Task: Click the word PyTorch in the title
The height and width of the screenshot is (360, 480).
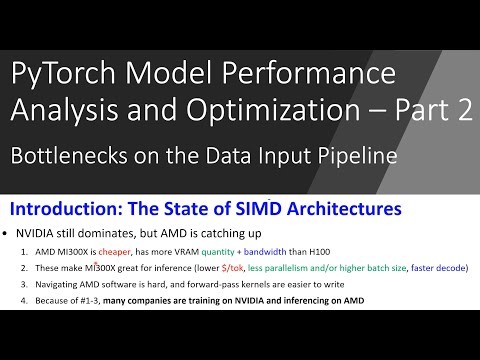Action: pos(59,73)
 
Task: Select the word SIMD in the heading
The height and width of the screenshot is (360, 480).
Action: pos(233,209)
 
